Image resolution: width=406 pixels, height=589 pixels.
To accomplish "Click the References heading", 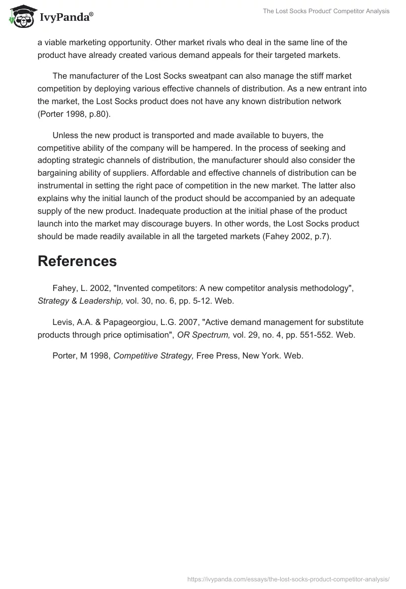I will tap(77, 261).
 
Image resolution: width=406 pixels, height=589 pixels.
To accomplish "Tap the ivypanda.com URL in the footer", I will tap(288, 578).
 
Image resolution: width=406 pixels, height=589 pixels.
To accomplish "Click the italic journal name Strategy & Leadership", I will tap(80, 301).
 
